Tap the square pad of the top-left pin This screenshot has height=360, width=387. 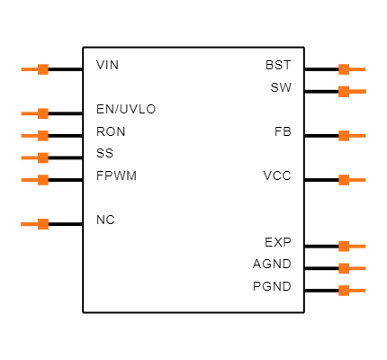tap(43, 69)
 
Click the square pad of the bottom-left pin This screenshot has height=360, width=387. tap(43, 224)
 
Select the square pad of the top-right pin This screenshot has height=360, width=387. tap(344, 69)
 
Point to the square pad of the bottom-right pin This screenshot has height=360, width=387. tap(344, 291)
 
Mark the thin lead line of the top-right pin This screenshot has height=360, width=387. tap(358, 69)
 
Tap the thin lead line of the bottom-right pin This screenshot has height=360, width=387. tap(358, 291)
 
